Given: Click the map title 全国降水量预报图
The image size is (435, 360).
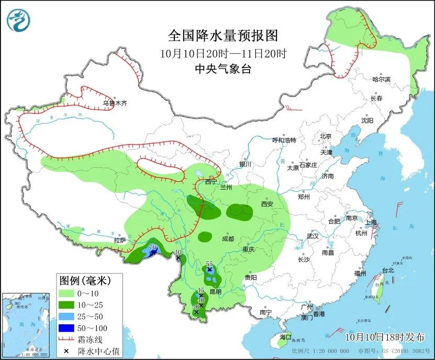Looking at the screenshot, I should pyautogui.click(x=222, y=36).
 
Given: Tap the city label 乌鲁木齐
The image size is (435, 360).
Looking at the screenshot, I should pyautogui.click(x=115, y=104).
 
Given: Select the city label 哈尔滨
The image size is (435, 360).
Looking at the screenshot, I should pyautogui.click(x=381, y=79).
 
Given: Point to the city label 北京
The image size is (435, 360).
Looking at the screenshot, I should pyautogui.click(x=326, y=136).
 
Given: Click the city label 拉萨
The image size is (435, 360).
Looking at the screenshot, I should pyautogui.click(x=120, y=240).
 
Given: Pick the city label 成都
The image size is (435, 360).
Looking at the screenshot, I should pyautogui.click(x=227, y=238).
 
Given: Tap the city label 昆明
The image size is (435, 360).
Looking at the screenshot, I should pyautogui.click(x=215, y=291).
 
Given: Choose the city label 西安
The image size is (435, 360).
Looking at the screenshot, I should pyautogui.click(x=267, y=204).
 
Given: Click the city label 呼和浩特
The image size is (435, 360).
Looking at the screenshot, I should pyautogui.click(x=284, y=140).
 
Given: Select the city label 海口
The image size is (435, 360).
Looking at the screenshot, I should pyautogui.click(x=285, y=337).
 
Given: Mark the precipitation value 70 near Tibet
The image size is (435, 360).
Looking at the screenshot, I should pyautogui.click(x=153, y=247).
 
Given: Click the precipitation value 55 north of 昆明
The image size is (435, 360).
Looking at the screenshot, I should pyautogui.click(x=209, y=264).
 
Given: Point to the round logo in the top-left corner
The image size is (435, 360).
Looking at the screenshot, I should pyautogui.click(x=18, y=20).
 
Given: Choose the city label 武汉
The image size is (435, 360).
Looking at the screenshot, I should pyautogui.click(x=313, y=236).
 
